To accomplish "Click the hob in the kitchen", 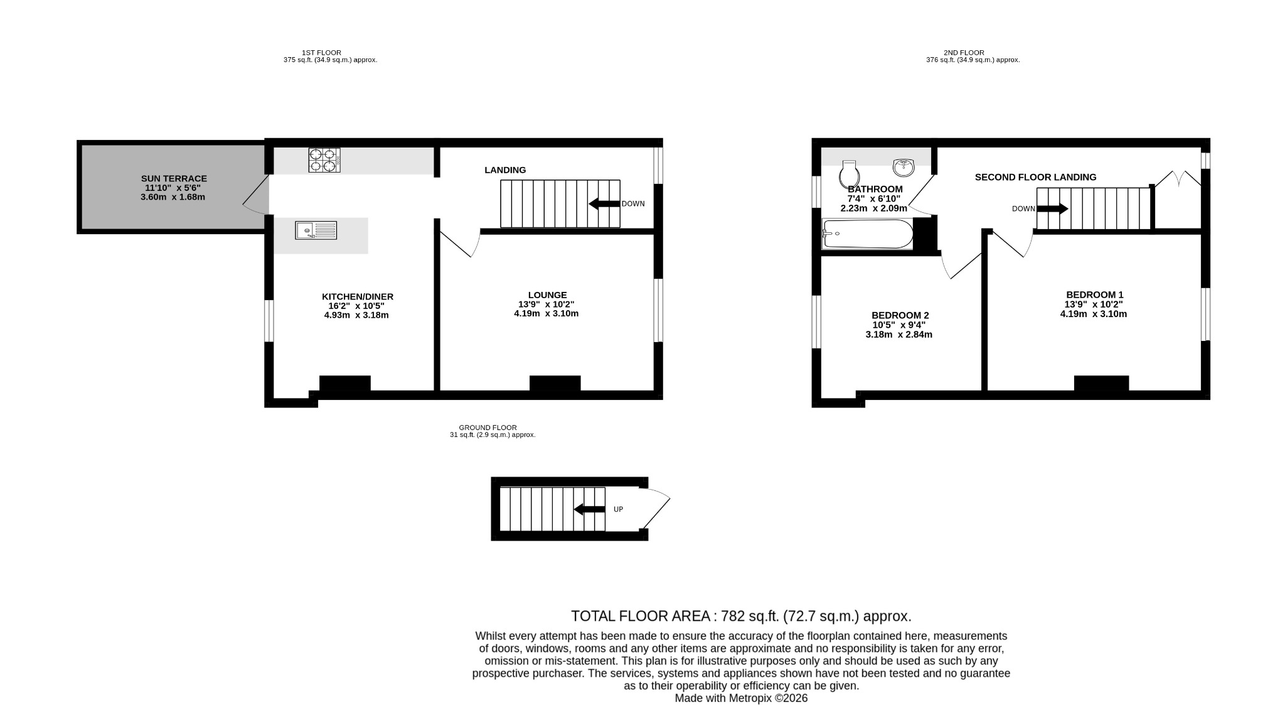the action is coord(324,159).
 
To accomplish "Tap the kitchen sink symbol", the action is coord(316,230).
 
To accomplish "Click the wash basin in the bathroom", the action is coord(904,167).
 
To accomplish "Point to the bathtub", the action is coord(867,234).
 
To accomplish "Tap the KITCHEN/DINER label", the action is coord(358,297).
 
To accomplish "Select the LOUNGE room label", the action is coord(547,295).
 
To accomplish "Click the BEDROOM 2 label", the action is coord(900,315).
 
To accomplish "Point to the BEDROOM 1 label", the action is coord(1094,294).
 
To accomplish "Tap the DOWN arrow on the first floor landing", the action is coord(604,203).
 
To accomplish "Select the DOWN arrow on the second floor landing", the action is coord(1052,208).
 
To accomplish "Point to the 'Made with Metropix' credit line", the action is coord(741,698).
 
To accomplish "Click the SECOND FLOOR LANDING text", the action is coord(1035,178).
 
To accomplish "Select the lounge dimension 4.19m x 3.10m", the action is coord(546,314).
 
